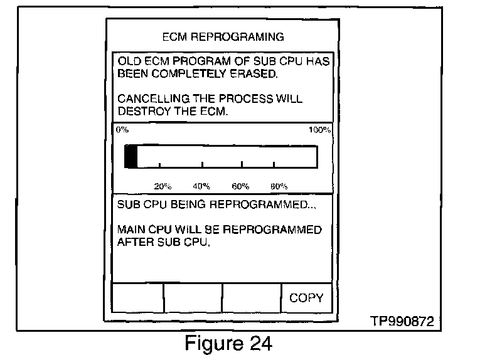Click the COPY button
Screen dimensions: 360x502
[306, 298]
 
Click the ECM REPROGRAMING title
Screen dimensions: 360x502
[223, 36]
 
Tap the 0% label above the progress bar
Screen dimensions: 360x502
[121, 130]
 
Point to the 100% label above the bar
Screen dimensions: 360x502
[320, 130]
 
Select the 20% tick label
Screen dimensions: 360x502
[163, 186]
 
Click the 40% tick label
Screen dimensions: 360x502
[201, 186]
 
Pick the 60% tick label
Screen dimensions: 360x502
[240, 186]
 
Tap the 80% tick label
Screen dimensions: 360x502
[278, 186]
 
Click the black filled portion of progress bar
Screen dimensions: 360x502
[131, 156]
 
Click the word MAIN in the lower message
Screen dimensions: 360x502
[132, 230]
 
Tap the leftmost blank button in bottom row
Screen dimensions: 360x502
[137, 298]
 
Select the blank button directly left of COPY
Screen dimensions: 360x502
[252, 298]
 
